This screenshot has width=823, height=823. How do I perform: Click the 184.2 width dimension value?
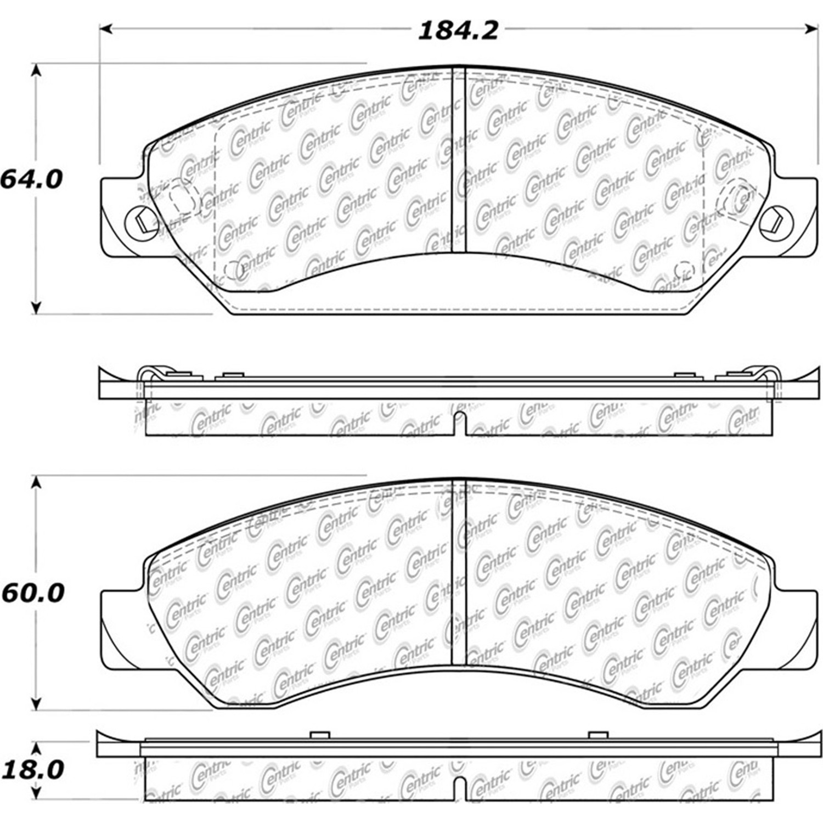[x=458, y=30]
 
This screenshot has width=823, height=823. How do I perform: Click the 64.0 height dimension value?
[x=31, y=179]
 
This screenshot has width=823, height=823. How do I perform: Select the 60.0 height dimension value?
[x=32, y=593]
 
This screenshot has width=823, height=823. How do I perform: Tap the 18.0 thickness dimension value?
[x=32, y=770]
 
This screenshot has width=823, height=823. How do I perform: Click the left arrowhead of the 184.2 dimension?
[x=106, y=29]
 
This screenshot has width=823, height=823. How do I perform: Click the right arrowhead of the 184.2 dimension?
[x=811, y=29]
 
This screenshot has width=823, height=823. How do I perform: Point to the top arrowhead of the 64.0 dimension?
[x=36, y=70]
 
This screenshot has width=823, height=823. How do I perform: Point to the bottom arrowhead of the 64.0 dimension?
[x=36, y=308]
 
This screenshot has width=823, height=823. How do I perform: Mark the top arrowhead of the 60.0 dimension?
[x=36, y=482]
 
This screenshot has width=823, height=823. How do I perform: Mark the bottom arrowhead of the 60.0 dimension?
[x=36, y=703]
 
